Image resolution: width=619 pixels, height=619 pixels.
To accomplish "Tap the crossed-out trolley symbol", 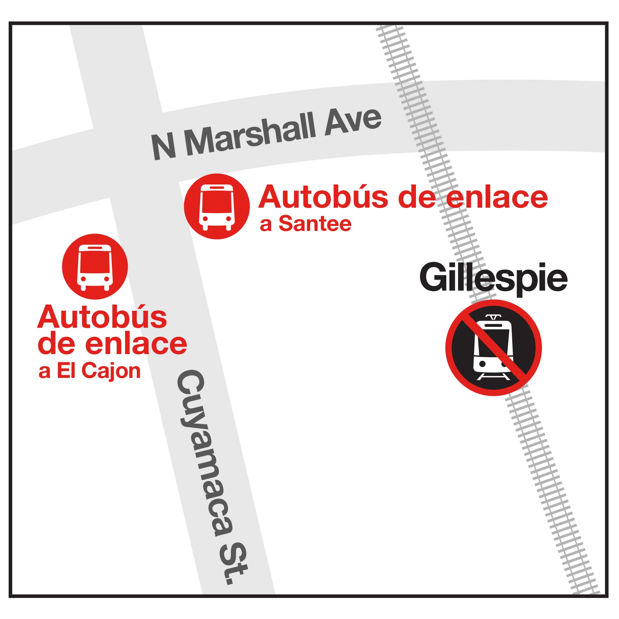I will click(x=493, y=348).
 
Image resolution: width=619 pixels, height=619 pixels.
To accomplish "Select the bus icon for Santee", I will click(x=217, y=206).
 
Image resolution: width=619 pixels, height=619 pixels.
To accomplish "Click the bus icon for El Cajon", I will click(x=95, y=266).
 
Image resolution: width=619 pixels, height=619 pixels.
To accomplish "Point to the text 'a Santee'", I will click(x=305, y=224).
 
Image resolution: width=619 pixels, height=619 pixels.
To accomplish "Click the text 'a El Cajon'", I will click(x=89, y=371).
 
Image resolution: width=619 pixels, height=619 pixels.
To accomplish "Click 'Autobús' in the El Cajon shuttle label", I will click(x=102, y=317).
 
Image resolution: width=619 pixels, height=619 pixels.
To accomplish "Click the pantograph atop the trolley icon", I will click(x=493, y=318).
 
